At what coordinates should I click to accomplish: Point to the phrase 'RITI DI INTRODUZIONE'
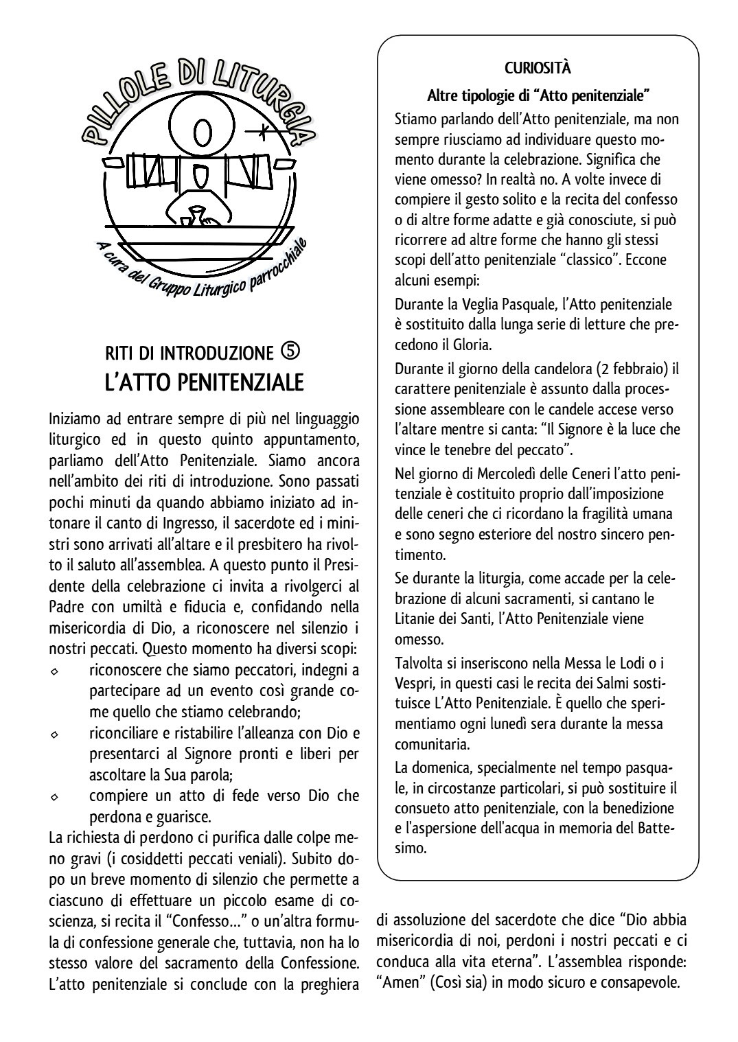click(189, 353)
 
